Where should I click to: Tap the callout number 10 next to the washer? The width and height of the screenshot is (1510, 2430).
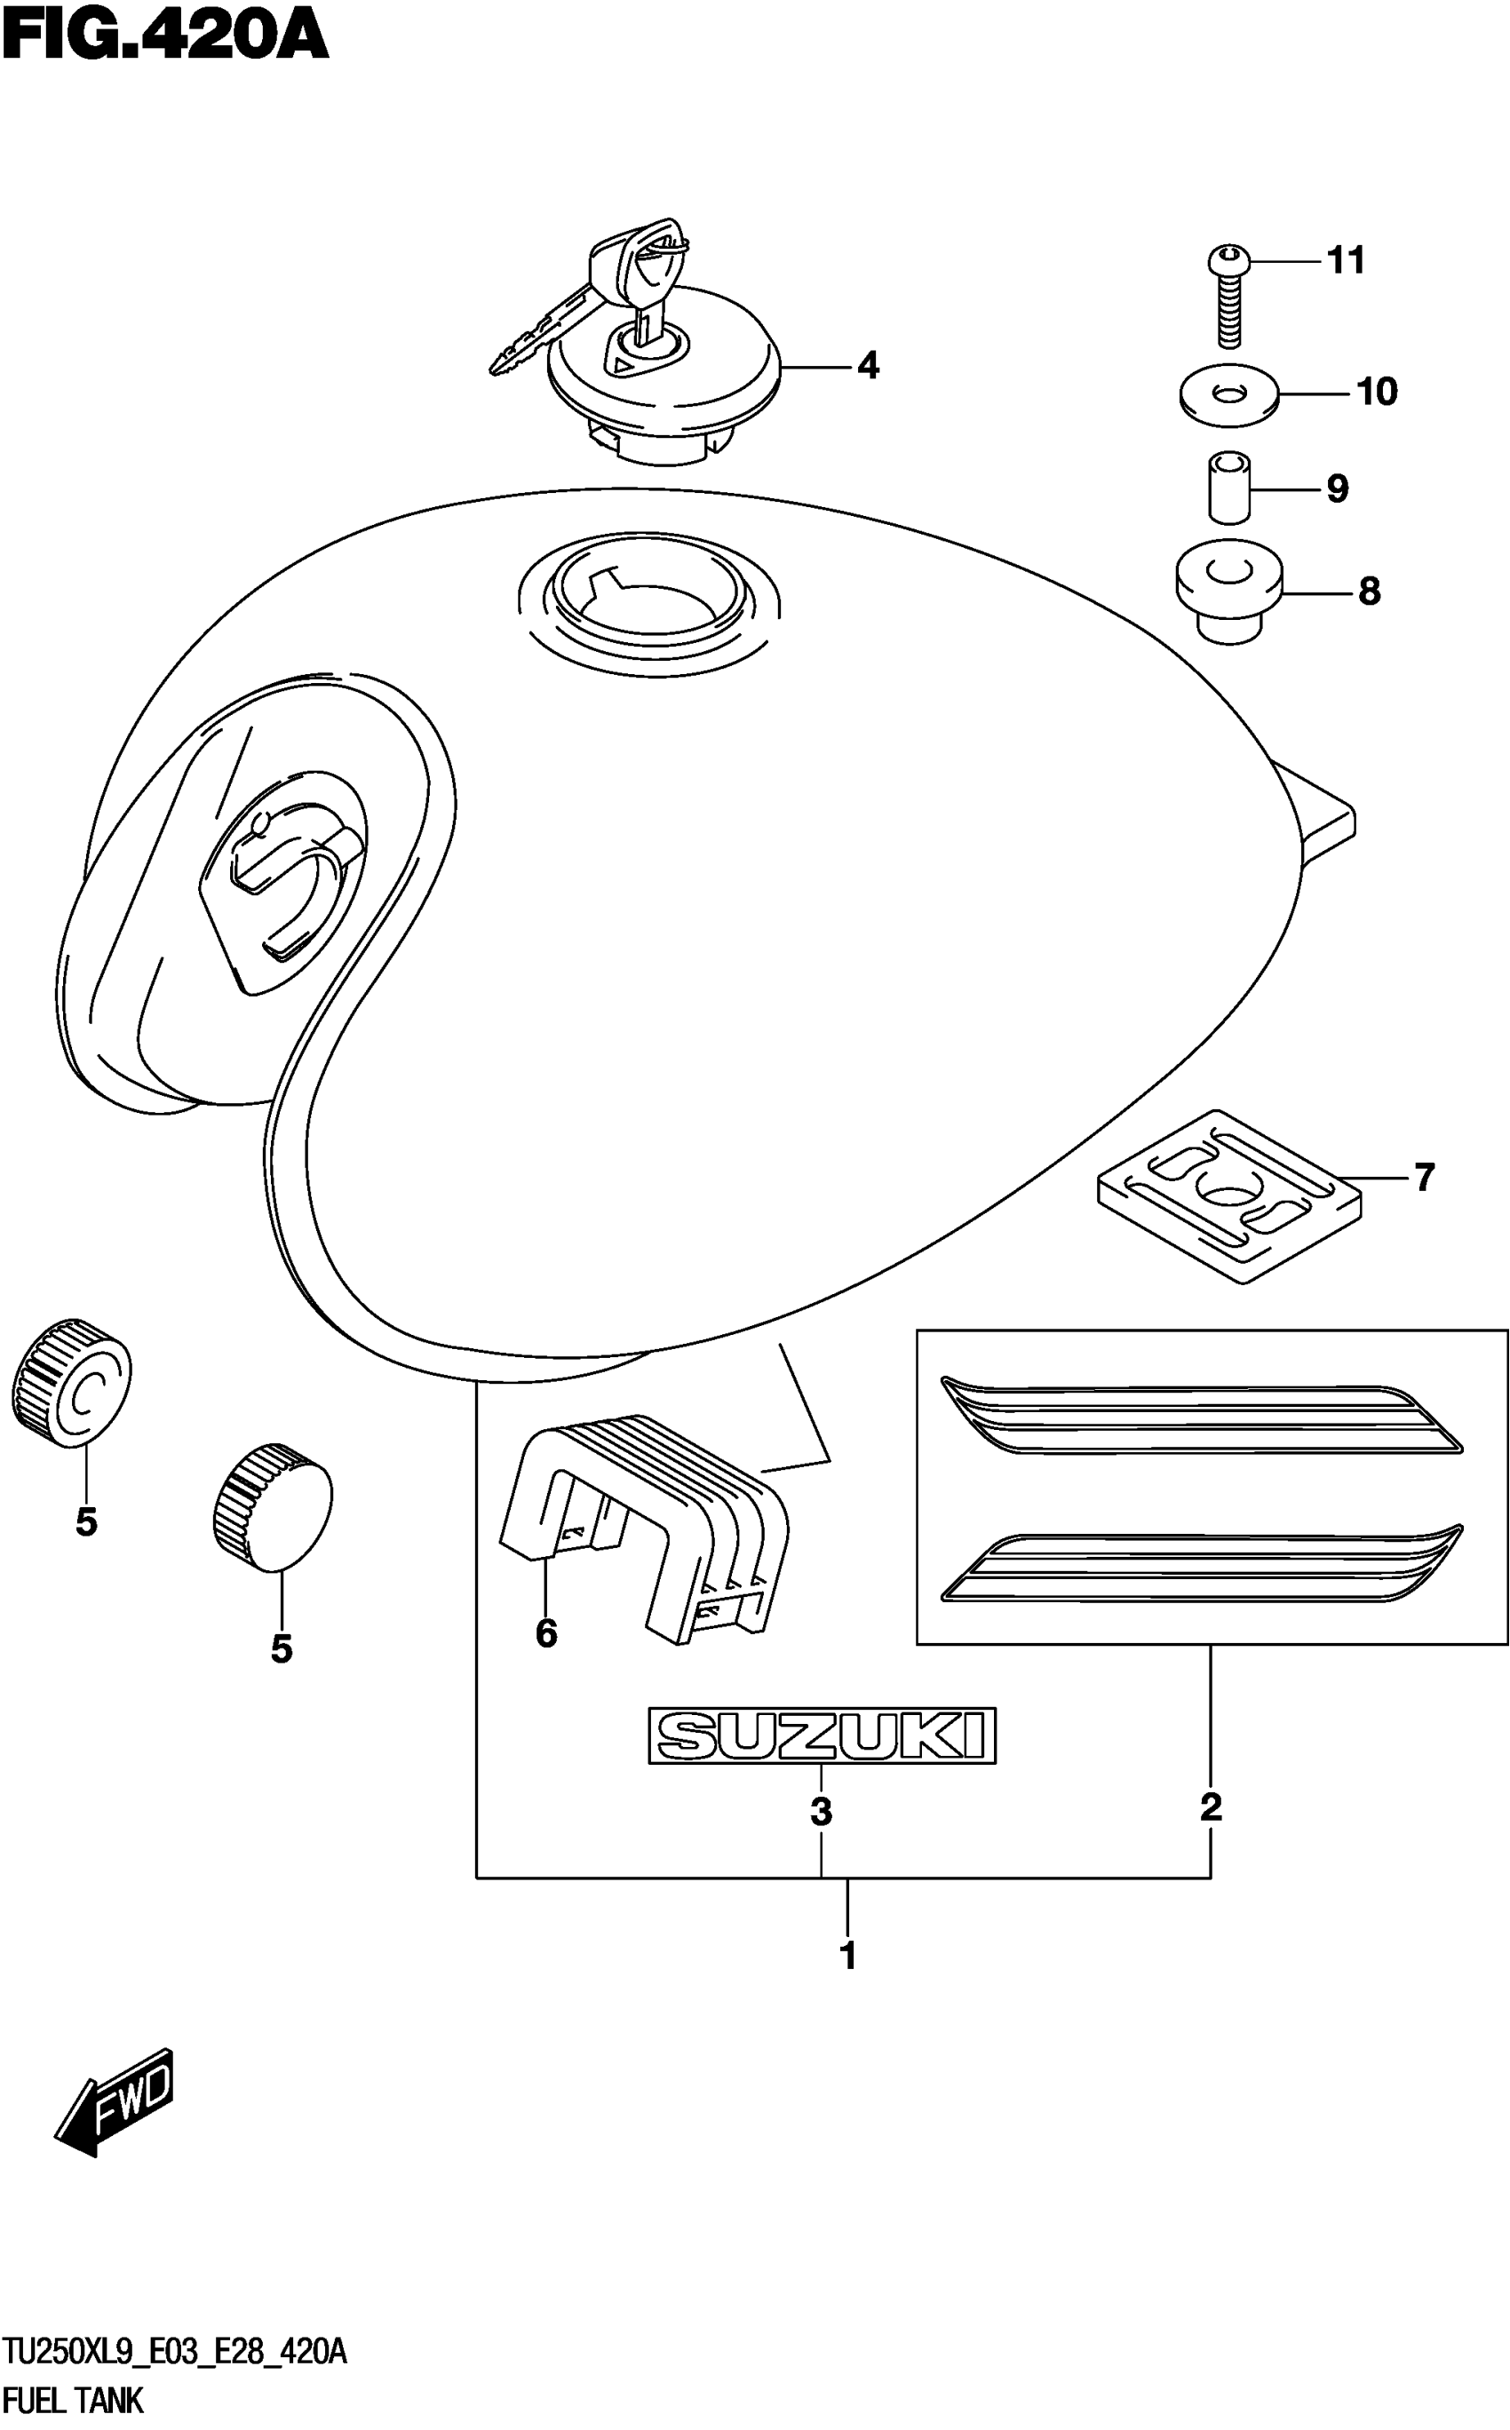[1377, 392]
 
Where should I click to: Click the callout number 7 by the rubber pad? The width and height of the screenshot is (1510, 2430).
[1424, 1178]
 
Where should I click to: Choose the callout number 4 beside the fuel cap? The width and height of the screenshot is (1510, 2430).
[868, 367]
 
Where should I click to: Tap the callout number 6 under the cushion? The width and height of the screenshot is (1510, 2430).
[546, 1633]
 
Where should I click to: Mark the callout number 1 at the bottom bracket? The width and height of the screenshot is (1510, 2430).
[848, 1956]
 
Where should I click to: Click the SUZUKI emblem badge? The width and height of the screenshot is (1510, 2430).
[822, 1735]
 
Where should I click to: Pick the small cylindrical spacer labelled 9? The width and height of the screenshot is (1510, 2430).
[1229, 488]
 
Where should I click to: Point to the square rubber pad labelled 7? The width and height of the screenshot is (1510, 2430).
[1228, 1196]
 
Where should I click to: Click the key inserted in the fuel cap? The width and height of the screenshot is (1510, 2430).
[600, 299]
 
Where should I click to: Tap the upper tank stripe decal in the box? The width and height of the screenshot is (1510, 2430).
[1198, 1417]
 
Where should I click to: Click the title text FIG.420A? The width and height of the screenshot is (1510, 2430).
[165, 38]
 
